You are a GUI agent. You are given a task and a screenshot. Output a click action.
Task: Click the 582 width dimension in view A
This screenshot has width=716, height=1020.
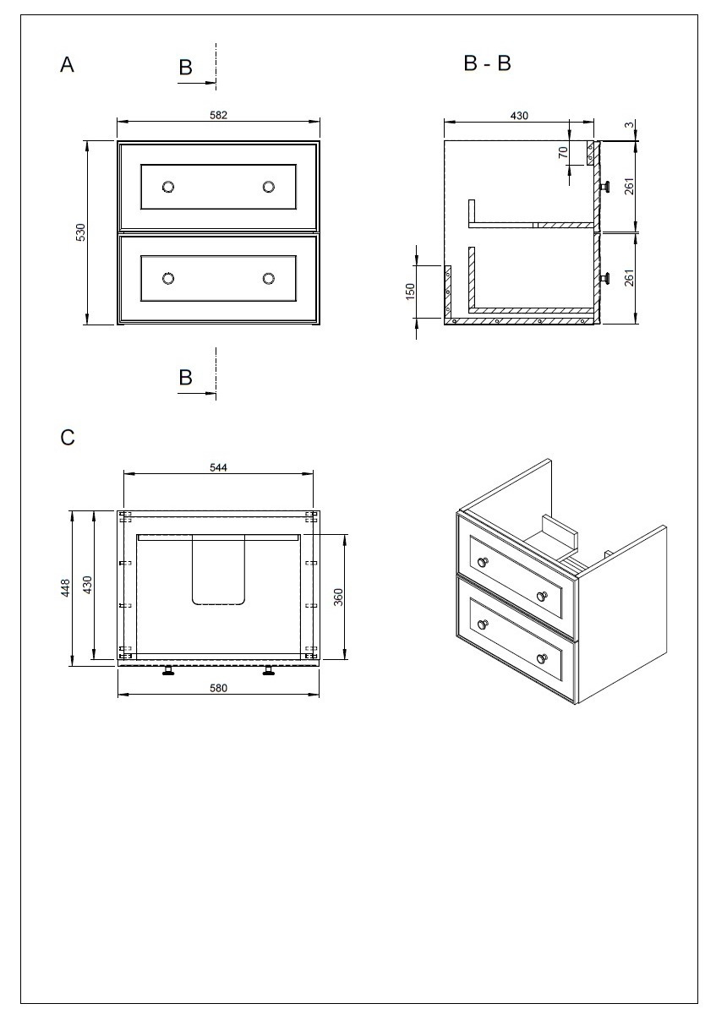coord(219,114)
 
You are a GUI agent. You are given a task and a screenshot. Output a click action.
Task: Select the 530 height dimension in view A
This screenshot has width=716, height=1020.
coord(81,232)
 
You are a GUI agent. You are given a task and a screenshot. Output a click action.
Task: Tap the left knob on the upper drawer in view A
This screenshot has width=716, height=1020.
coord(168,187)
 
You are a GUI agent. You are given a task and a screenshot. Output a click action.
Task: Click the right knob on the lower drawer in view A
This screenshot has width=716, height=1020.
coord(269,278)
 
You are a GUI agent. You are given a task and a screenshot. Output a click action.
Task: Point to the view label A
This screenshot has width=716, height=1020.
coord(68,65)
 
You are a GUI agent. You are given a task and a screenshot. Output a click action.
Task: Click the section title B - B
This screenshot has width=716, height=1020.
coord(488,63)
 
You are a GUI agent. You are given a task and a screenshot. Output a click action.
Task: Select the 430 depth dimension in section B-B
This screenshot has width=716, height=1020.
coord(519,115)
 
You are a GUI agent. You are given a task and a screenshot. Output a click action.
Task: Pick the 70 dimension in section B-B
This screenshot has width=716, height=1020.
coord(562,153)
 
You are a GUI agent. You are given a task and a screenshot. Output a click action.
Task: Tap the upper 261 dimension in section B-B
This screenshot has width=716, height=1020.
coord(628,186)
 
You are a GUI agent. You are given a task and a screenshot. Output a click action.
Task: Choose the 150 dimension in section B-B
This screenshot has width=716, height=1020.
coord(411,292)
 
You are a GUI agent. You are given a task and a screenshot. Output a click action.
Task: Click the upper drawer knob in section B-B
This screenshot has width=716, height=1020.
coord(605,186)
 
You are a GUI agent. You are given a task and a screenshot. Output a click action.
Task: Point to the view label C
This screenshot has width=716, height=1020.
coord(68,438)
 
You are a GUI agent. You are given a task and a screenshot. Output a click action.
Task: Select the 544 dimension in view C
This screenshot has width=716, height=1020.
coord(218,467)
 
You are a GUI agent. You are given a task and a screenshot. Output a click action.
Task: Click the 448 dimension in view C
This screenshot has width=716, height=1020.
coord(65,588)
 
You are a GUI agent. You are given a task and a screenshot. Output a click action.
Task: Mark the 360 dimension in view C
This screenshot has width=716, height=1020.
coord(338,597)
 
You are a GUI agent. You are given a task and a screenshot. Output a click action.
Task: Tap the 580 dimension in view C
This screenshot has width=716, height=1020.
coord(218,688)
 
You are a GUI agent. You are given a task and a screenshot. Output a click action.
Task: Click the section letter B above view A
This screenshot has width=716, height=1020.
coord(186,68)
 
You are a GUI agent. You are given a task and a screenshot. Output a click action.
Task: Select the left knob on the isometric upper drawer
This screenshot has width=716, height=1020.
coord(483,563)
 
